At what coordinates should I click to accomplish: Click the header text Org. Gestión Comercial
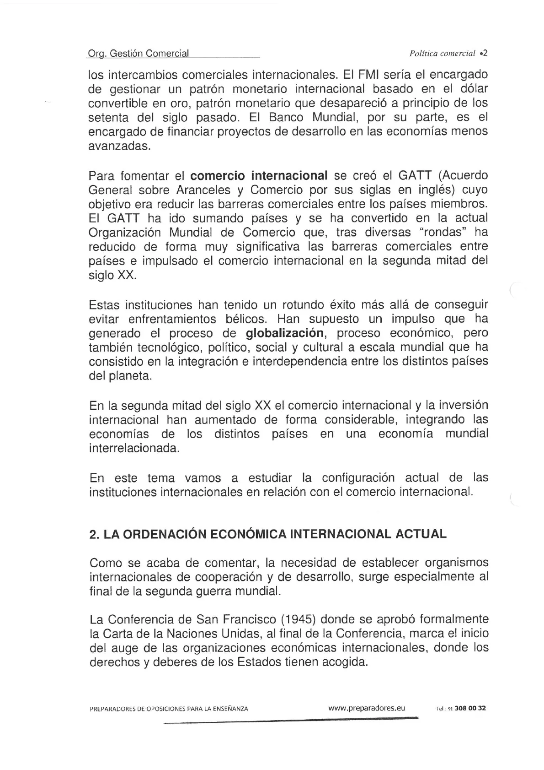coord(138,54)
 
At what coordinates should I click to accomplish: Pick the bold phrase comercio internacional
coord(259,175)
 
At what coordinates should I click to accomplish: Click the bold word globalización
coord(285,332)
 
